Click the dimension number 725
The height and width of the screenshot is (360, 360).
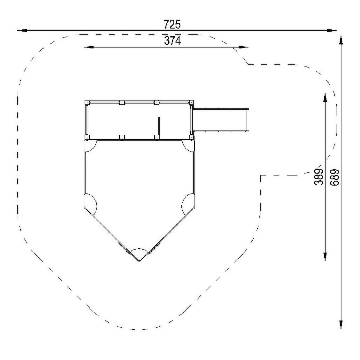coord(172,25)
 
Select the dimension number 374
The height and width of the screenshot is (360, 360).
coord(172,41)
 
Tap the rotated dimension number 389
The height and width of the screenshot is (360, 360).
coord(319,177)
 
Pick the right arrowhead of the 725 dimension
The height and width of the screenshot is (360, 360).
coord(331,31)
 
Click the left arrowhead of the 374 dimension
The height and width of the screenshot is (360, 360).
coord(89,47)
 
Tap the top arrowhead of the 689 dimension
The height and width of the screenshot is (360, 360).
coord(341,40)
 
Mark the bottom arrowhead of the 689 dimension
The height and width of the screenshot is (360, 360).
coord(341,323)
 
